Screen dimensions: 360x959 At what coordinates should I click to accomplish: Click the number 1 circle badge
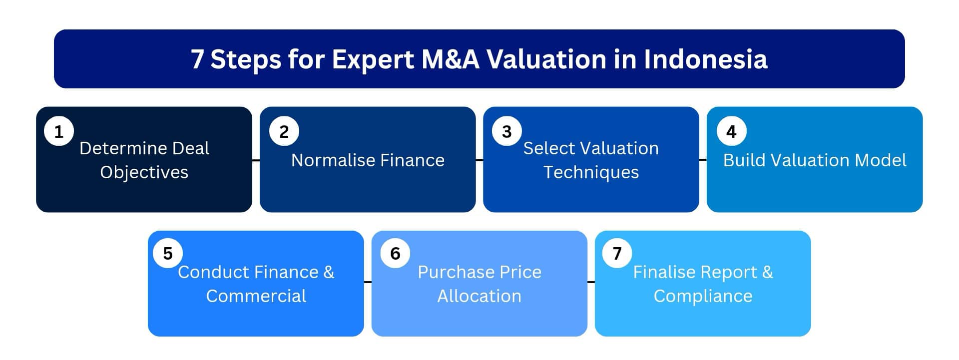[x=59, y=131]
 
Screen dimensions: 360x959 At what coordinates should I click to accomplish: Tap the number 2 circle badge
[x=284, y=131]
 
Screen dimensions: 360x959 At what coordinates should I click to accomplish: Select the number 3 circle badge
[x=506, y=131]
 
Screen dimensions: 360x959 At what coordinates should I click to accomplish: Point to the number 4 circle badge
[x=731, y=131]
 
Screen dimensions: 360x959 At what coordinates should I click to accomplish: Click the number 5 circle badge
[x=168, y=253]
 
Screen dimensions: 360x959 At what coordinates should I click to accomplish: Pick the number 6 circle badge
[x=395, y=253]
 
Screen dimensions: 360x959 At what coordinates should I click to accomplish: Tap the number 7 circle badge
[x=617, y=253]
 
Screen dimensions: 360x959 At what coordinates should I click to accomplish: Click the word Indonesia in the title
[x=705, y=59]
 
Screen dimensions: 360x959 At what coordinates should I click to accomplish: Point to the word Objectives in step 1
[x=144, y=172]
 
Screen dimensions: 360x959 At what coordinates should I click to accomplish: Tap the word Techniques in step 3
[x=591, y=172]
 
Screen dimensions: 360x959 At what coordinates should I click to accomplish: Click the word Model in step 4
[x=881, y=160]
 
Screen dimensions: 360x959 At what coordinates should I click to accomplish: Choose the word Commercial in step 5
[x=256, y=296]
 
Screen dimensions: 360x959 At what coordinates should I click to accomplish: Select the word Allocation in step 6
[x=479, y=296]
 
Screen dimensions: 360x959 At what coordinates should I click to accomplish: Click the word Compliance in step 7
[x=703, y=296]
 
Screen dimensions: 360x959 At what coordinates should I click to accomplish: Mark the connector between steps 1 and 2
[x=256, y=160]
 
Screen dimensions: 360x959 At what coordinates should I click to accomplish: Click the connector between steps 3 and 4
[x=703, y=160]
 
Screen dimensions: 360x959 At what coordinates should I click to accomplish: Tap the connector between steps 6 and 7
[x=591, y=282]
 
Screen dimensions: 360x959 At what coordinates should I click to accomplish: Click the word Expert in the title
[x=373, y=59]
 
